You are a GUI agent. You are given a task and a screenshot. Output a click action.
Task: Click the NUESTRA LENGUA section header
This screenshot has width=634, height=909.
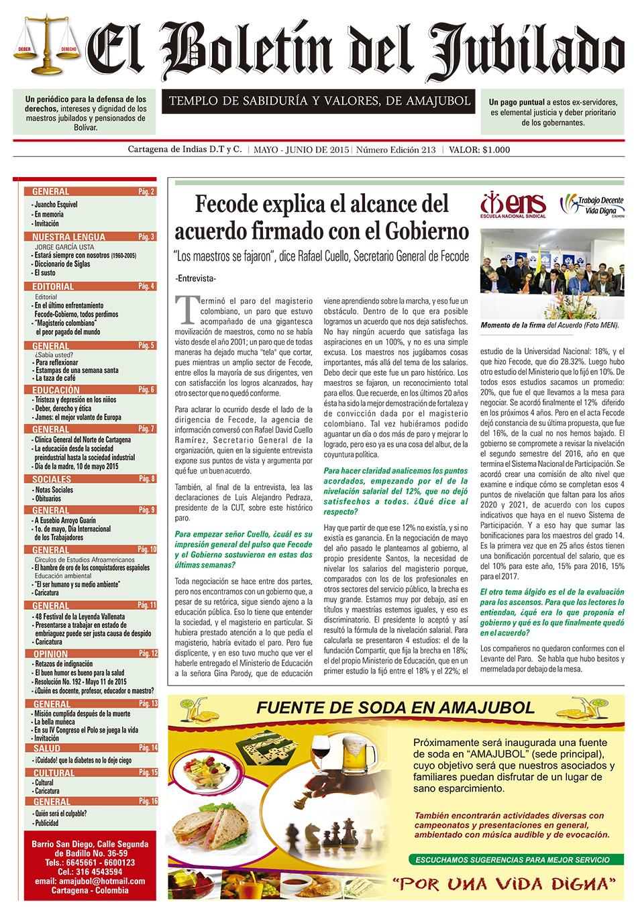click(68, 237)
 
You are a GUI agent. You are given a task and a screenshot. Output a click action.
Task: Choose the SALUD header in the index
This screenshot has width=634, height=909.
click(46, 748)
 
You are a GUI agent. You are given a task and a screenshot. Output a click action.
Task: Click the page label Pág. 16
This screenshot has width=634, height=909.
click(148, 801)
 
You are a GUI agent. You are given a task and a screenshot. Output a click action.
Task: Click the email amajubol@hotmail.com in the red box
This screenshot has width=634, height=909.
click(90, 881)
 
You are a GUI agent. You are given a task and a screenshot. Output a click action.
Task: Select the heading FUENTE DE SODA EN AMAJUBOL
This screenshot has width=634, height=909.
click(395, 708)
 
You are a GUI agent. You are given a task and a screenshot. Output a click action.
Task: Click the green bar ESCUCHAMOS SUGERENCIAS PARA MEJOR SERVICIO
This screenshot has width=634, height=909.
click(513, 859)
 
